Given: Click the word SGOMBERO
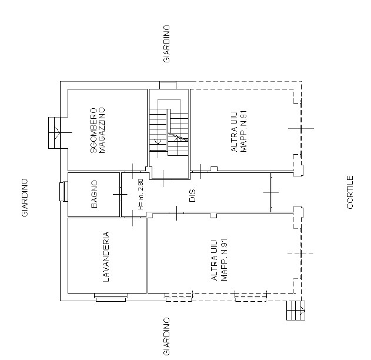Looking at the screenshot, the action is point(94,131).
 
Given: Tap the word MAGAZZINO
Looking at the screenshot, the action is point(102,131).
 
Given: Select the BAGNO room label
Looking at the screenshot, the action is point(94,194).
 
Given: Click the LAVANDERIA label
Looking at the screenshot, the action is point(106,256).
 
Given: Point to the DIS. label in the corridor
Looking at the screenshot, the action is point(193,195).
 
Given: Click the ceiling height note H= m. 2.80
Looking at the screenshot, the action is point(141,194).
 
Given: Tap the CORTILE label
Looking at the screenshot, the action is point(350,192).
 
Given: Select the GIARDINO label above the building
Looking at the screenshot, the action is point(166,44).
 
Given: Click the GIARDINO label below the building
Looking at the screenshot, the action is point(166,336).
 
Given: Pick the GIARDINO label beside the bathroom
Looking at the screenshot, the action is point(25,198).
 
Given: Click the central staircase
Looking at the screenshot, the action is point(169,128).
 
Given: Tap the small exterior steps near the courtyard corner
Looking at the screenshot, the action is point(296,311).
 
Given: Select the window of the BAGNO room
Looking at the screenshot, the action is point(63,191).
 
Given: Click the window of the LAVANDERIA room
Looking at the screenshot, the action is point(111,298).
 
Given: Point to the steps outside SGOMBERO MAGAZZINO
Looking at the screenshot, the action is point(55,133).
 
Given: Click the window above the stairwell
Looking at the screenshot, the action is point(168,85).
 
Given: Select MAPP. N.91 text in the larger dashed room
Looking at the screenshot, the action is point(224,259).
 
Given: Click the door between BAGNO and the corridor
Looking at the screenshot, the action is point(120,194).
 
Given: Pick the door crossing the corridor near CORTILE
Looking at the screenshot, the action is point(271,192).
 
